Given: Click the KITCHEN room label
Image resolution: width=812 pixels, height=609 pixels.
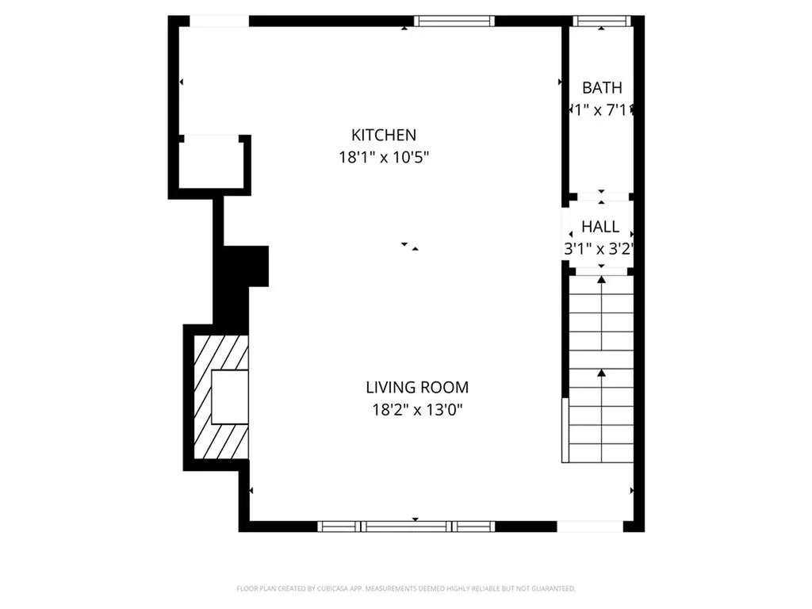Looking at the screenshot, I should pyautogui.click(x=384, y=135).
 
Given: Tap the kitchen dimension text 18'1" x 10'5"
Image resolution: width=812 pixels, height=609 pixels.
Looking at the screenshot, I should pyautogui.click(x=384, y=157).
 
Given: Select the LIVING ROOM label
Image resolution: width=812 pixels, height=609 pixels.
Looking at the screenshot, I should pyautogui.click(x=417, y=388).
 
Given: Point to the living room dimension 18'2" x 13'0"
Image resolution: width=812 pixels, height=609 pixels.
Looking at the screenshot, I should pyautogui.click(x=417, y=410).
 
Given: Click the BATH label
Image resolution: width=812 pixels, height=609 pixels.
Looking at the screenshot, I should pyautogui.click(x=602, y=88).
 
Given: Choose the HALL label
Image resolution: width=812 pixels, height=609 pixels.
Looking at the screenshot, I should pyautogui.click(x=600, y=227).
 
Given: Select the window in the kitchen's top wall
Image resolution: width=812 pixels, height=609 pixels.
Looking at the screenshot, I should pyautogui.click(x=454, y=21).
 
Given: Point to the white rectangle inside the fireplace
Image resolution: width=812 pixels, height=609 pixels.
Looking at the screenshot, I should pyautogui.click(x=230, y=396).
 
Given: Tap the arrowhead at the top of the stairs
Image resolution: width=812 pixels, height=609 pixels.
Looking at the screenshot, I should pyautogui.click(x=601, y=280).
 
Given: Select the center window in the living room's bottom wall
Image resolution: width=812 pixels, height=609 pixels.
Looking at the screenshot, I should pyautogui.click(x=405, y=526).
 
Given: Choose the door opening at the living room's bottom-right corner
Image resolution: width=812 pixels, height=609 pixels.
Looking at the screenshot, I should pyautogui.click(x=590, y=526).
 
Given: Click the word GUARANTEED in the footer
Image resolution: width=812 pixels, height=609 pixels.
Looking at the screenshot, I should pyautogui.click(x=550, y=588).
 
